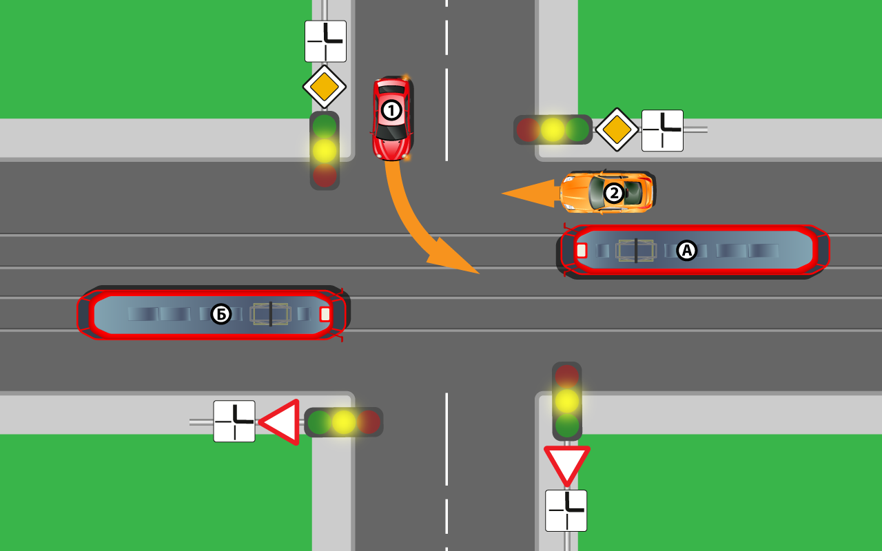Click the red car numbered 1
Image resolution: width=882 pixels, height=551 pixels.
click(392, 118)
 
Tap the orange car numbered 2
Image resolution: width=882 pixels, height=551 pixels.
click(606, 192)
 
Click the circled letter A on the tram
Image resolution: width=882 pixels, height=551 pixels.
click(686, 251)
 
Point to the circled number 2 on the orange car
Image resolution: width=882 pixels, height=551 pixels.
click(613, 194)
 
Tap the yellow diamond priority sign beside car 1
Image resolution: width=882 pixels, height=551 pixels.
click(325, 87)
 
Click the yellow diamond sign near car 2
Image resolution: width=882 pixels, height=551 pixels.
click(617, 129)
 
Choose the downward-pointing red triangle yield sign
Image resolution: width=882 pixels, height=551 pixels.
click(566, 463)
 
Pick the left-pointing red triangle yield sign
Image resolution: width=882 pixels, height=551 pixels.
click(282, 422)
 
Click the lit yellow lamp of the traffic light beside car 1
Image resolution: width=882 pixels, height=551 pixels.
click(325, 151)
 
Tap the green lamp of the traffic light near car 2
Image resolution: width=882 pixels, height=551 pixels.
click(577, 129)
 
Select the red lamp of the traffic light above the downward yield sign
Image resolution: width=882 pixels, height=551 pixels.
click(566, 376)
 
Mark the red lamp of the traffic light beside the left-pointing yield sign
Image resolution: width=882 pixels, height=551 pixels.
click(368, 422)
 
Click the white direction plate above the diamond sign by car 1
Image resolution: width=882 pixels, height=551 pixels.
click(325, 41)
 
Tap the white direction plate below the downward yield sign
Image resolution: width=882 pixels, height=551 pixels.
click(566, 510)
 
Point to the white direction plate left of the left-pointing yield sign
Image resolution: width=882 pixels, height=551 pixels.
click(234, 421)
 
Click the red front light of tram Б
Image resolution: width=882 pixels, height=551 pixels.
click(325, 315)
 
